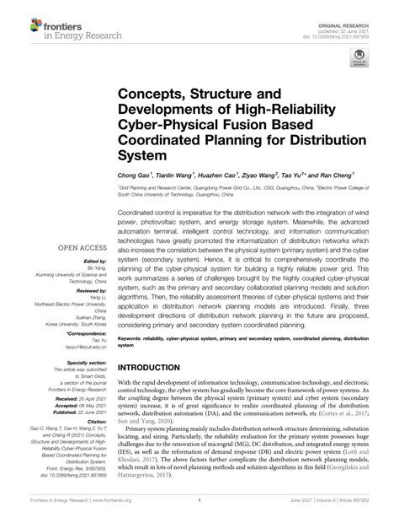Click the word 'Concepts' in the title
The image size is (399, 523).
[x=153, y=91]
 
